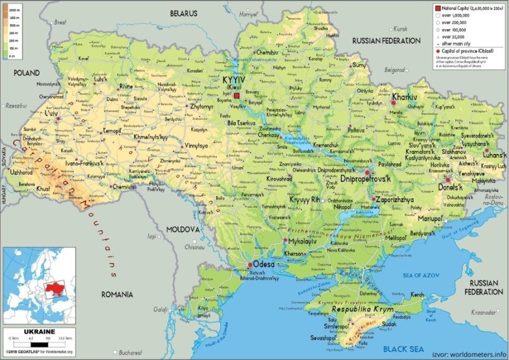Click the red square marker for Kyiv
point(236,95)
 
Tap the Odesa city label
point(263,264)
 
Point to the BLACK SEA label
point(405,348)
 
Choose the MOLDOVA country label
point(182,229)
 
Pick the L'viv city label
point(49,112)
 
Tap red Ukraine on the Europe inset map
point(54,288)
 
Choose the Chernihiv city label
point(267,52)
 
